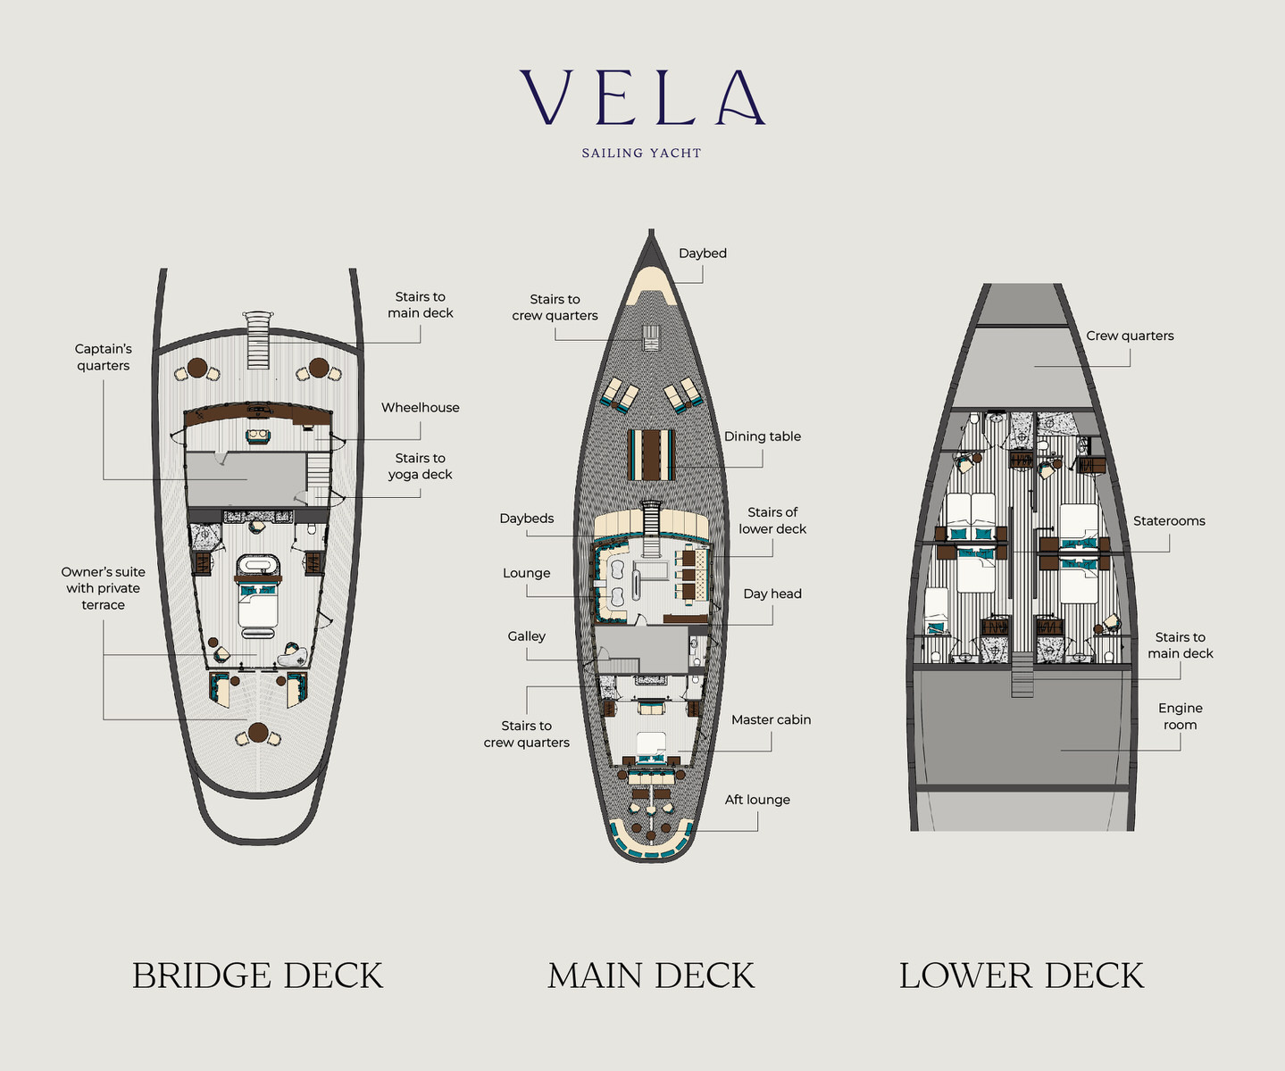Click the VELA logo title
[x=642, y=97]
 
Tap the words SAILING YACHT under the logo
[x=641, y=154]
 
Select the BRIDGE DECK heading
[x=257, y=976]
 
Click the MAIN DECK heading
[x=651, y=976]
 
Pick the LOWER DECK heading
[x=1021, y=976]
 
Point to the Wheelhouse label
[x=420, y=408]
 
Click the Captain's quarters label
[x=103, y=357]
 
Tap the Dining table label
[x=762, y=436]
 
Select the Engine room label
[x=1180, y=717]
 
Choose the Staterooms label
[x=1169, y=521]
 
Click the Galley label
[x=526, y=636]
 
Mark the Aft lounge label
[x=757, y=800]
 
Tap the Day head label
[x=772, y=594]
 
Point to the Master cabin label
[x=771, y=719]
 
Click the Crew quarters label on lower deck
[x=1130, y=336]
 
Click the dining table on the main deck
[x=652, y=454]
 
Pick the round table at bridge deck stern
[x=258, y=733]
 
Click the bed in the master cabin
[x=651, y=743]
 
